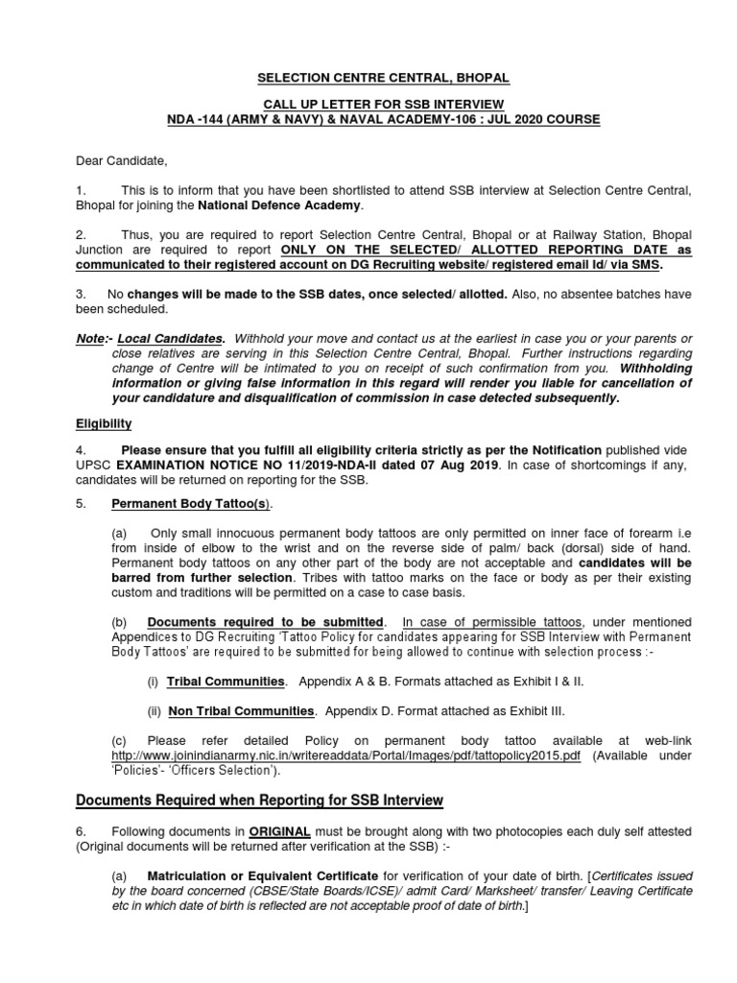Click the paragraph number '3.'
click(83, 294)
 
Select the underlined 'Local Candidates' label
click(171, 339)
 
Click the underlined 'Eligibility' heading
click(104, 423)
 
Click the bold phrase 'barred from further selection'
click(202, 578)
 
